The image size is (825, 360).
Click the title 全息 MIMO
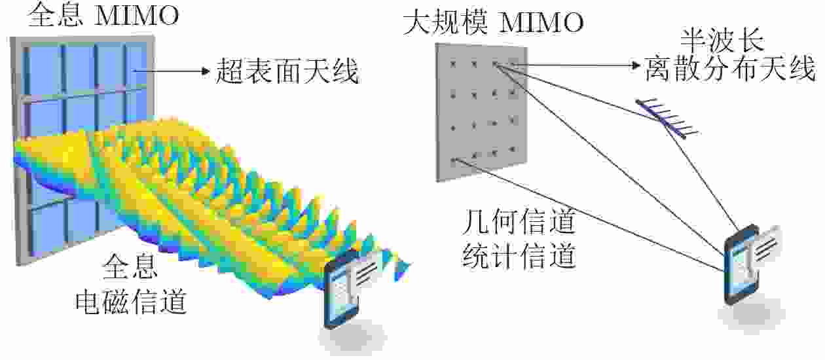tap(103, 15)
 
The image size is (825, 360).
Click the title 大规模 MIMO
tap(493, 23)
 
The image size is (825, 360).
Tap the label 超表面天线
tap(287, 71)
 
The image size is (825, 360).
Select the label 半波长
tap(722, 41)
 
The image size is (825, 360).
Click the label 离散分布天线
tap(730, 69)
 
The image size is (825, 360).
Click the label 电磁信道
tap(131, 302)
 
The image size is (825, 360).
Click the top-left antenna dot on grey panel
tap(453, 64)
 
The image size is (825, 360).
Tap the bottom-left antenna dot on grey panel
tap(454, 160)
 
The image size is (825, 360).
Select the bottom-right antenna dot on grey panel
tap(512, 149)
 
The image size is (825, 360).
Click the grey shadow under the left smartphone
tap(352, 337)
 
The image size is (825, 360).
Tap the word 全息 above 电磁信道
tap(130, 267)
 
